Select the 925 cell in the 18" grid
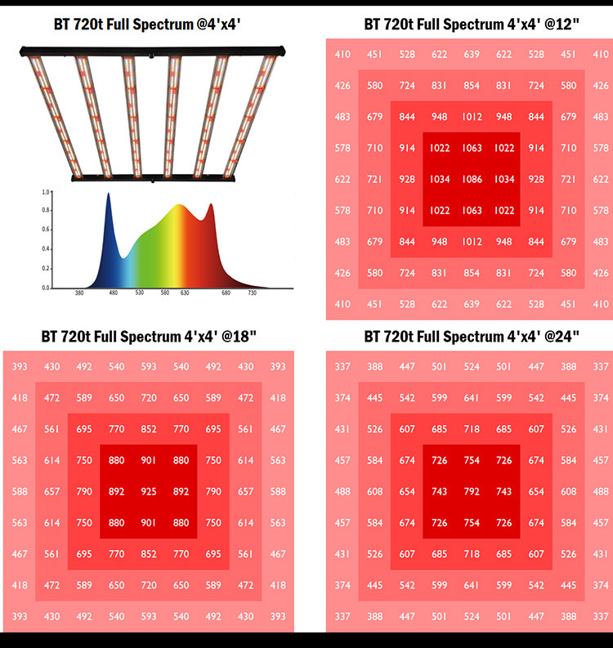149,492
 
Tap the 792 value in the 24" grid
471,492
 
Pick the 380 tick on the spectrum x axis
79,293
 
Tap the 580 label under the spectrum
165,293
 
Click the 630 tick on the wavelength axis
186,293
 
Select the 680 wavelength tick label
226,293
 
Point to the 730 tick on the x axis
253,293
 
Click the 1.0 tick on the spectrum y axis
46,192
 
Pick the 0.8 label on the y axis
46,211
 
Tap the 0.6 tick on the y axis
46,230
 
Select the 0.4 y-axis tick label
46,249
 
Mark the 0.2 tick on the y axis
46,269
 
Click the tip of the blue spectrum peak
108,194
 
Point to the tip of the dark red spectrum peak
210,204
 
